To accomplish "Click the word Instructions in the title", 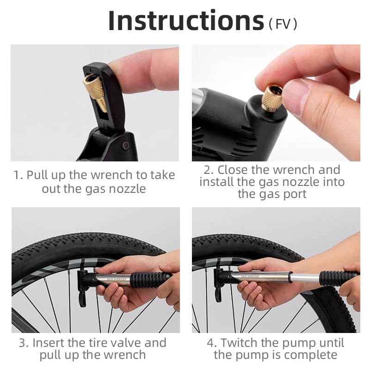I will (185, 21).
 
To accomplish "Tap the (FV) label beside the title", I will (283, 24).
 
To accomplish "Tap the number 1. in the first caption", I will (18, 175).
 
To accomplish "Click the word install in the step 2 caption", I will (216, 182).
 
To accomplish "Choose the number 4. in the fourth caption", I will (211, 343).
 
